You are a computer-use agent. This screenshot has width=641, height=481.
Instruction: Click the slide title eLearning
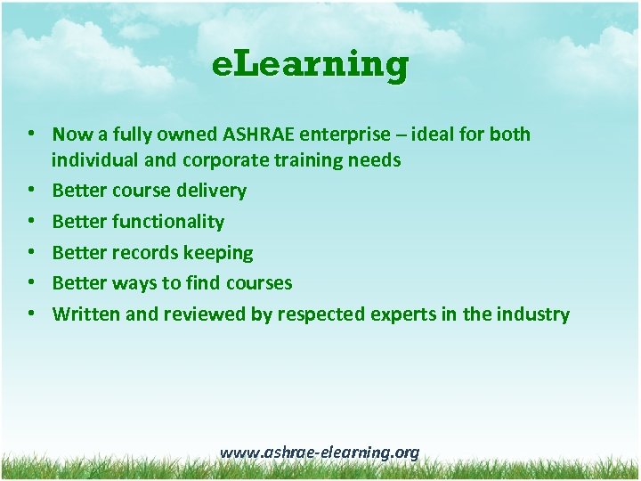coord(311,65)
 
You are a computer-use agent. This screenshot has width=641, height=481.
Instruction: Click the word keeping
coord(218,253)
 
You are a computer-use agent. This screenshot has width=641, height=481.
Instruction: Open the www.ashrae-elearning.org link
coord(319,452)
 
